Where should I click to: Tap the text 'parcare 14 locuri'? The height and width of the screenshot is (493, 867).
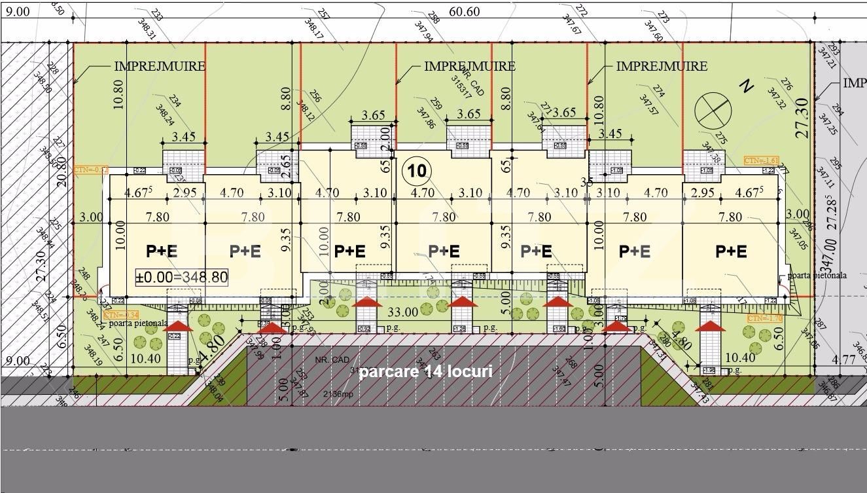click(x=426, y=372)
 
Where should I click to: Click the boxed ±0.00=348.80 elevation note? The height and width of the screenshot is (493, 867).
click(x=181, y=277)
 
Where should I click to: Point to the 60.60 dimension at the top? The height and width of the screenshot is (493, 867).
click(x=465, y=12)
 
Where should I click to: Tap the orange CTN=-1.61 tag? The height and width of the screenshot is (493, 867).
click(x=761, y=160)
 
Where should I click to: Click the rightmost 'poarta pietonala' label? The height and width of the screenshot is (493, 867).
click(x=817, y=276)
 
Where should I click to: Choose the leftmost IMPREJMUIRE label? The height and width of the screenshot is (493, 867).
click(x=160, y=66)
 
